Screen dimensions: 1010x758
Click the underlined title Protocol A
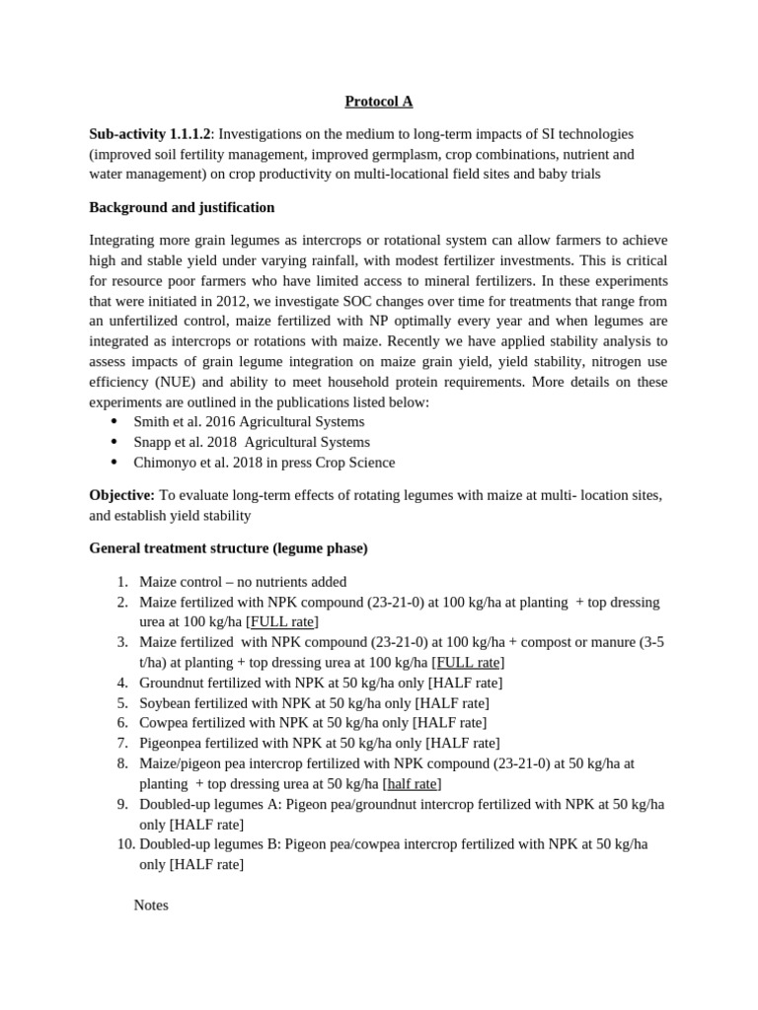(x=378, y=101)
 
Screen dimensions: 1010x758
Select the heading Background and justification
(x=182, y=207)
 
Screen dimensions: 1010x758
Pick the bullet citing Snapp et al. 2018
(x=252, y=442)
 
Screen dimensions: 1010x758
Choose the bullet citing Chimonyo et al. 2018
(x=264, y=463)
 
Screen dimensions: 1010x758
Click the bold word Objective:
(x=121, y=493)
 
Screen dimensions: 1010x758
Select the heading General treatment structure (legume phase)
(x=228, y=547)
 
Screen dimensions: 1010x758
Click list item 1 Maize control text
(x=243, y=582)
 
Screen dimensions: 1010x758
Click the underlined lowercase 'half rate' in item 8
(x=412, y=784)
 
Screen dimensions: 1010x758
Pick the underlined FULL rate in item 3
(x=468, y=663)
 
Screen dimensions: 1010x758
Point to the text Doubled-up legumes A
(x=209, y=804)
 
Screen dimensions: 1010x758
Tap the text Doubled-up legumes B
(x=209, y=844)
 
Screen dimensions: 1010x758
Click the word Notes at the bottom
(x=151, y=904)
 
